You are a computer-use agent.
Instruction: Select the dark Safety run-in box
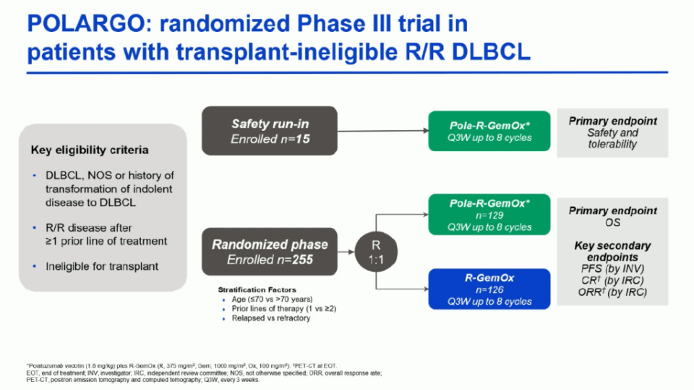click(270, 130)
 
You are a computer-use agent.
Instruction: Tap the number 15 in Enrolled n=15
click(304, 138)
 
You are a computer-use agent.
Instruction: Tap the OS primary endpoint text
click(612, 222)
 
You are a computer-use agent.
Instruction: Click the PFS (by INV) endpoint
click(612, 269)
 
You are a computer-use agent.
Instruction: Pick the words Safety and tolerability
click(612, 138)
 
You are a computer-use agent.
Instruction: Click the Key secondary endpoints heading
click(612, 251)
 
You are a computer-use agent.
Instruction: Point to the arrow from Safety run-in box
click(383, 131)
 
